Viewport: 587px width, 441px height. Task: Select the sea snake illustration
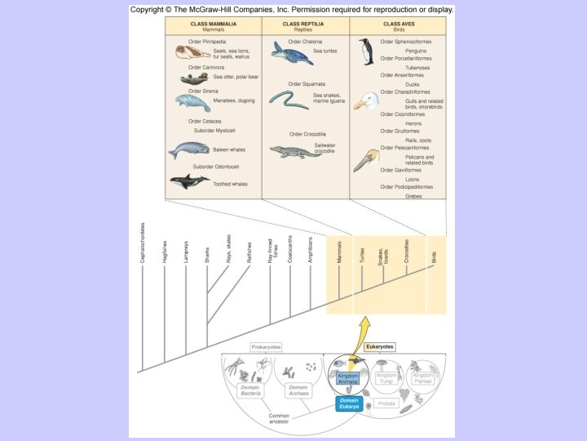[289, 100]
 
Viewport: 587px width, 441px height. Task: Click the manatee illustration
[192, 103]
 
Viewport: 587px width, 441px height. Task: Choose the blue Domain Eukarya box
[348, 404]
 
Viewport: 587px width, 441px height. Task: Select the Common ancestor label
[279, 418]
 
